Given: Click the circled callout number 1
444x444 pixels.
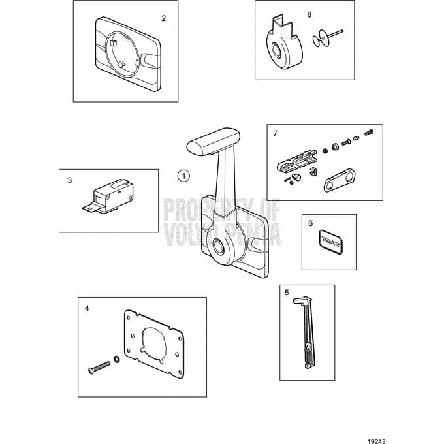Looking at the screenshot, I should [x=183, y=175].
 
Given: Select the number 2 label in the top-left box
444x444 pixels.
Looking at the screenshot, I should [x=163, y=18].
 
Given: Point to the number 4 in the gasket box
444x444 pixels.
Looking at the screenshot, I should [x=87, y=306].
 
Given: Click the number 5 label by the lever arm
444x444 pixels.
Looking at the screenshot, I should [x=287, y=293].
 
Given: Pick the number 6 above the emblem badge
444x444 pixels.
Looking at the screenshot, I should [x=310, y=223].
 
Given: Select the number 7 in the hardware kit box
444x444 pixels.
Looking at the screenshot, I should [x=275, y=133].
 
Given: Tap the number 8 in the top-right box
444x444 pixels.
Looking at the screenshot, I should [x=309, y=13].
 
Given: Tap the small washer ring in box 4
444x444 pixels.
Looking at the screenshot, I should [x=116, y=358].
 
